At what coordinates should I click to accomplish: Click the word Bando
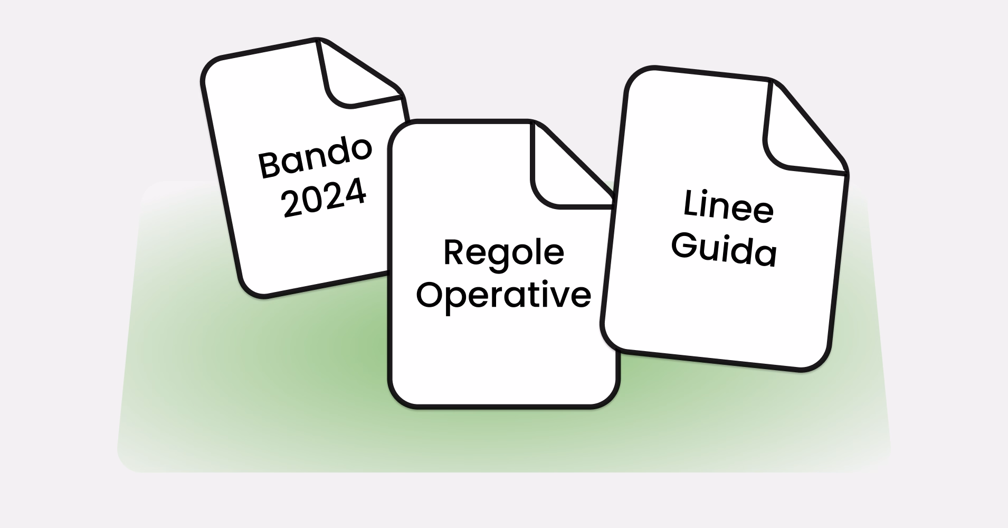315,157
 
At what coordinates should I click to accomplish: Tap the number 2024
324,198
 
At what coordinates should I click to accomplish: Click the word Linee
728,207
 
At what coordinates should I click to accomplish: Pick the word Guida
724,250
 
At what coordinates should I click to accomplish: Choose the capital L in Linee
692,203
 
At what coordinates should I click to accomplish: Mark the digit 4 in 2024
355,192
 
